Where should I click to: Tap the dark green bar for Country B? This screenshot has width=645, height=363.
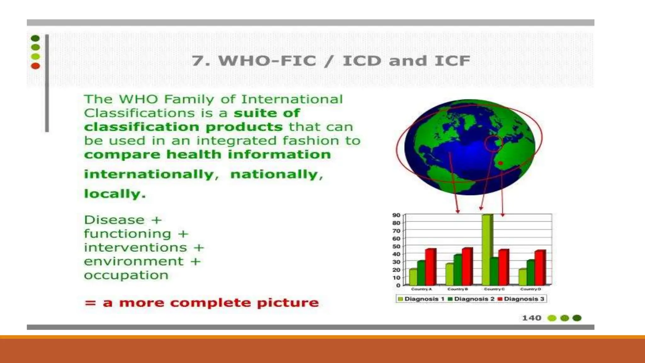(x=457, y=270)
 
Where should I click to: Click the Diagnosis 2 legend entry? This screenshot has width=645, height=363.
(x=471, y=299)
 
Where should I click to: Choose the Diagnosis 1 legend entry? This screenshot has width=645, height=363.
(x=421, y=299)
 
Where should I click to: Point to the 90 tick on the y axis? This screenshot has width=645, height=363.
(x=396, y=215)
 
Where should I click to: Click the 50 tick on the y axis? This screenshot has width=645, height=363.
(x=396, y=246)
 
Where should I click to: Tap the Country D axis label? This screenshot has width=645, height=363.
(x=530, y=289)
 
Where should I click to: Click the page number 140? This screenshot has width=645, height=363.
(x=532, y=318)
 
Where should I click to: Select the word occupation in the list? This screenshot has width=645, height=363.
(x=126, y=275)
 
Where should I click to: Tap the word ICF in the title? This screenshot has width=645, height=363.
(x=452, y=60)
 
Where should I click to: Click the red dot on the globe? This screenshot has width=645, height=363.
(x=500, y=163)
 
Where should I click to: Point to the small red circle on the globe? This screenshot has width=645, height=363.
(x=493, y=144)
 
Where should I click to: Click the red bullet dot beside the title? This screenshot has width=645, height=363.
(x=35, y=66)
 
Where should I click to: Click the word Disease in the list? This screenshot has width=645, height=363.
(x=114, y=220)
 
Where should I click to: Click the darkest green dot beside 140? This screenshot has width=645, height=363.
(x=577, y=318)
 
